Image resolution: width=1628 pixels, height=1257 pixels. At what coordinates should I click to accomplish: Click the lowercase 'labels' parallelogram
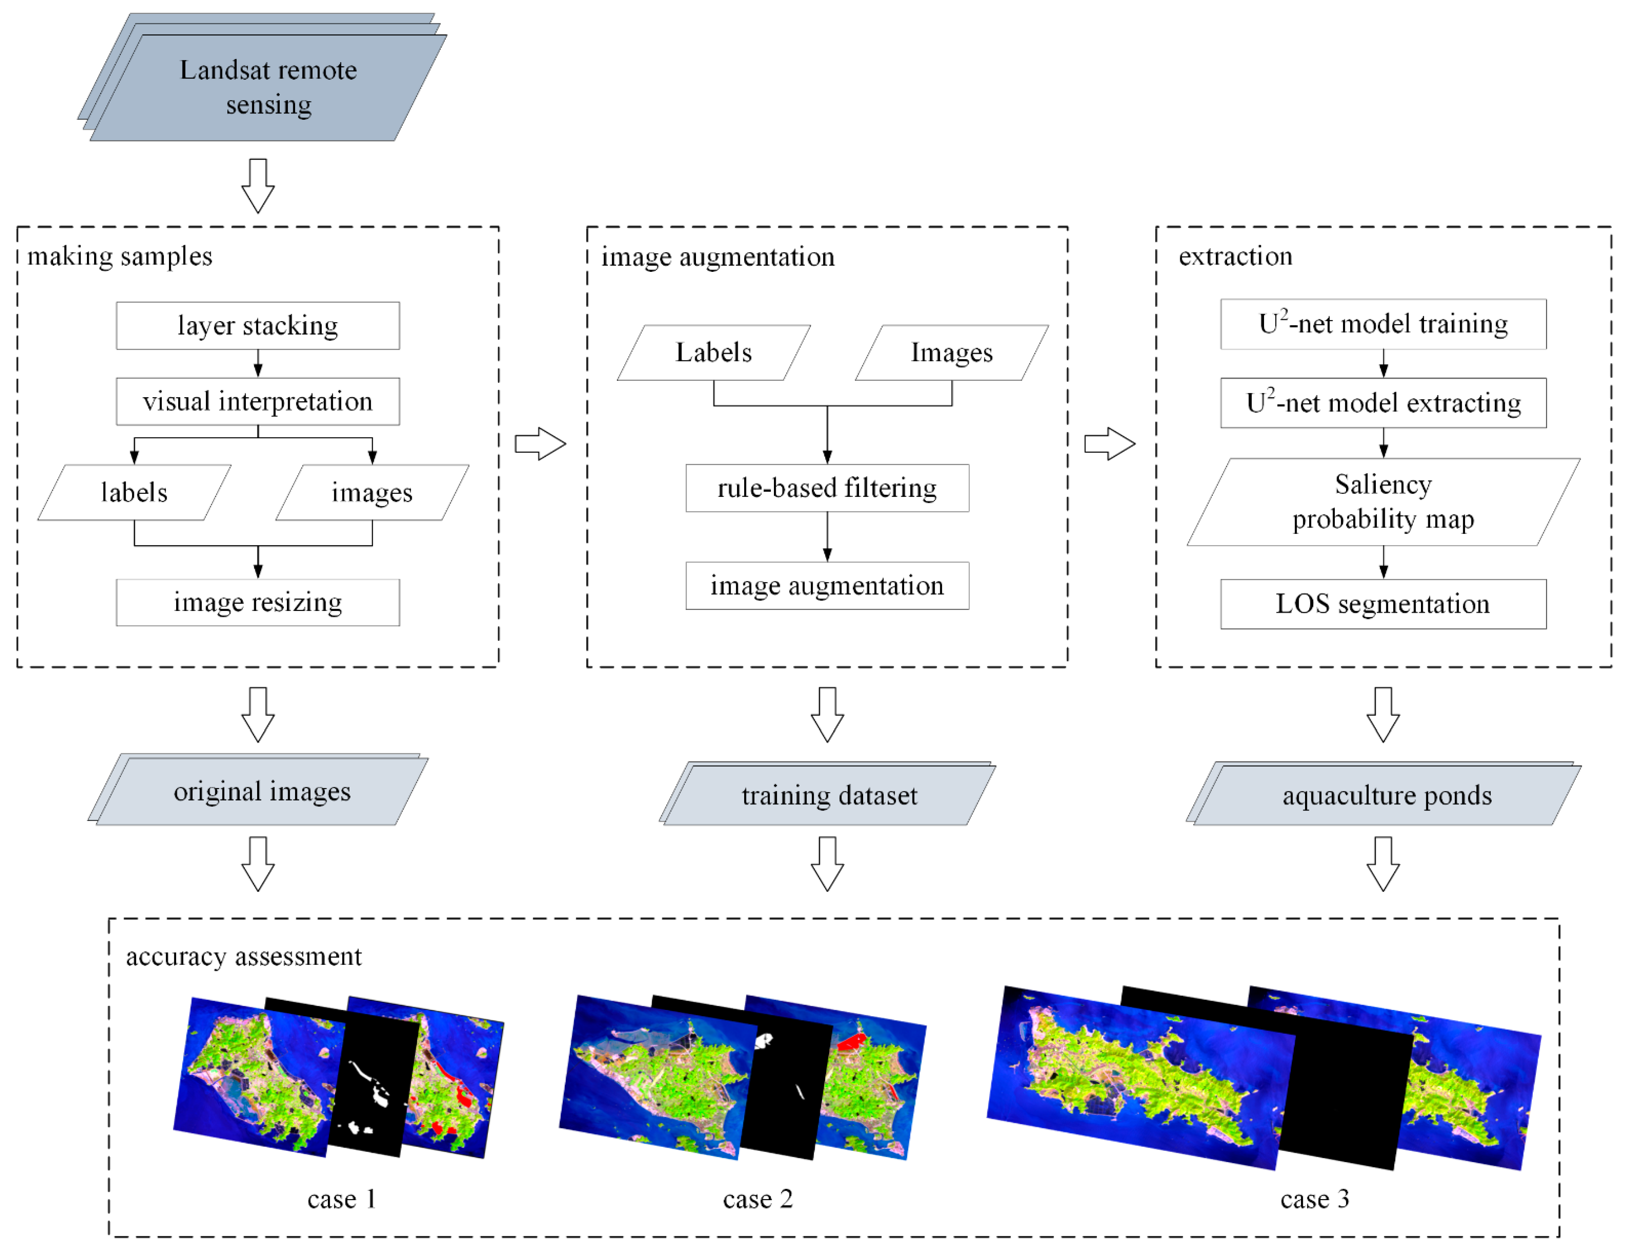point(134,493)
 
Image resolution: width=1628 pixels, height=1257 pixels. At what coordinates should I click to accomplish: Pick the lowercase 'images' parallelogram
point(372,493)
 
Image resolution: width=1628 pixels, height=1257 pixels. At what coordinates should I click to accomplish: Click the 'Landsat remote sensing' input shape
point(268,87)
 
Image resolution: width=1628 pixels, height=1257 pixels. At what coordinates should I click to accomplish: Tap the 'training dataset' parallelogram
point(829,795)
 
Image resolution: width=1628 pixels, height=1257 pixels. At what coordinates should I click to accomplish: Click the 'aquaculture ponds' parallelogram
point(1386,795)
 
